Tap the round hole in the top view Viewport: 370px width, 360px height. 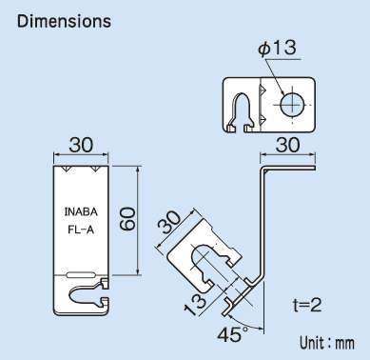[291, 102]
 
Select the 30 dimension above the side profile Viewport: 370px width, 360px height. [286, 144]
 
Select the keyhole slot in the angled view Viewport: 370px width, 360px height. [208, 258]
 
